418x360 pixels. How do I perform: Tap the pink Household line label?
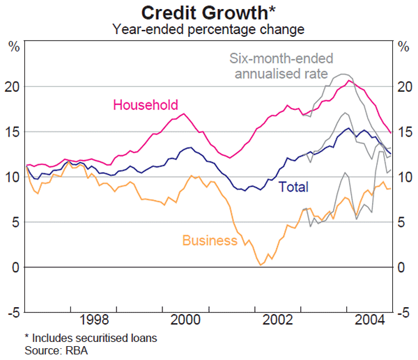coord(146,105)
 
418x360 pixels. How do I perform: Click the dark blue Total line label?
coord(293,187)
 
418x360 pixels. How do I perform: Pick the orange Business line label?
coord(210,241)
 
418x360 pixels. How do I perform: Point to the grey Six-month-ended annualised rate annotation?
coord(281,67)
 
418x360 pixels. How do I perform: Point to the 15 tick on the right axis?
coord(403,132)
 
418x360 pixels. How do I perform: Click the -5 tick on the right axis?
coord(403,313)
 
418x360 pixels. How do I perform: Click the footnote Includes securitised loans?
coord(93,338)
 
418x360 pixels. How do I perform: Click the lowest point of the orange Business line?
coord(261,265)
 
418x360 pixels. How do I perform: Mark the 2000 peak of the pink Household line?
coord(183,114)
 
